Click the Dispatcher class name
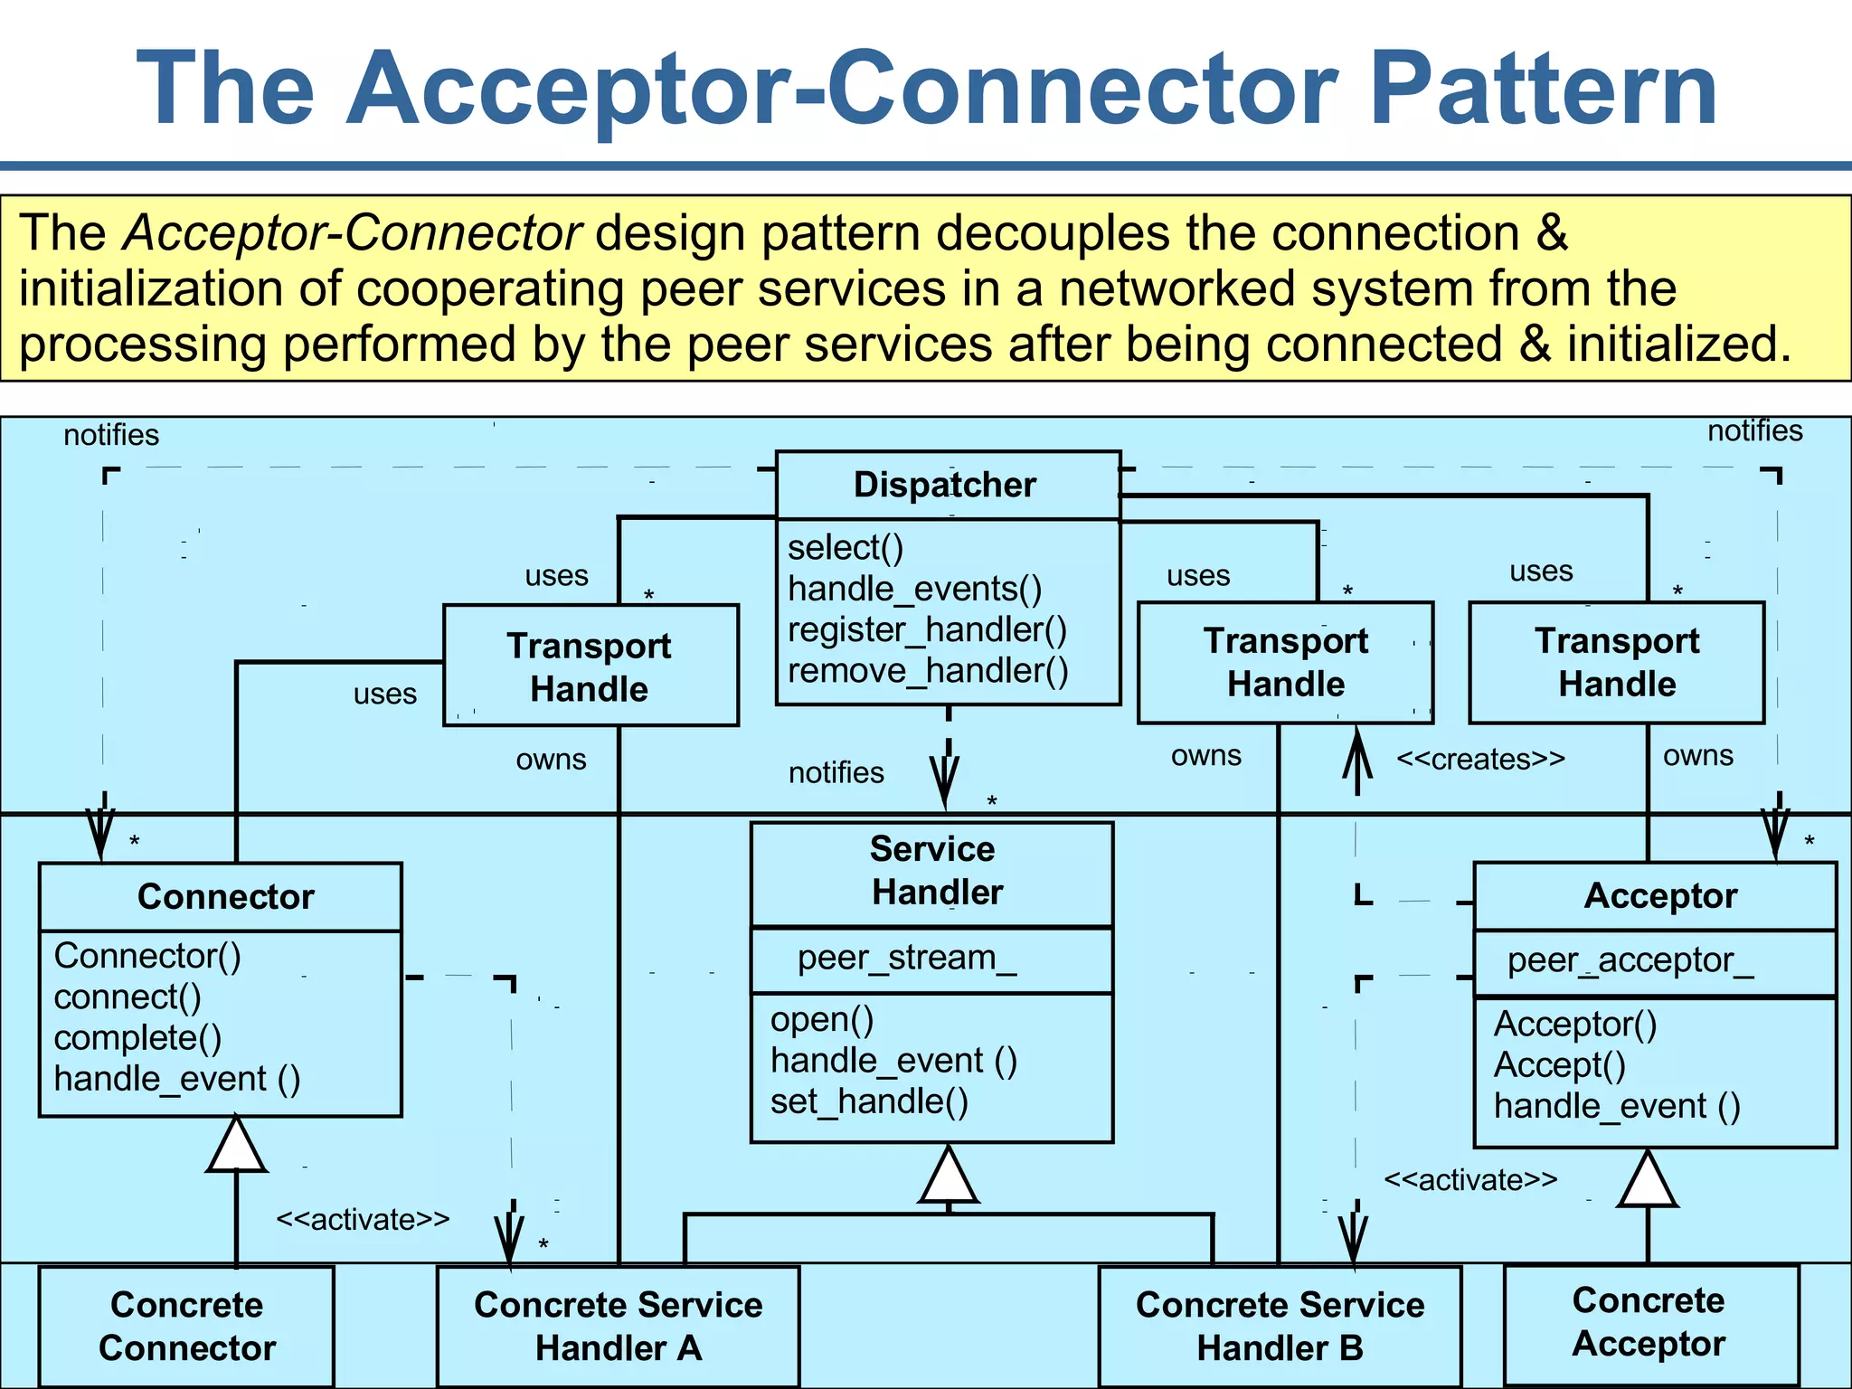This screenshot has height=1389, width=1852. click(945, 485)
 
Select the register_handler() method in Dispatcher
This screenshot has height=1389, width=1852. click(927, 629)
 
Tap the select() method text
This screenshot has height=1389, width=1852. click(846, 548)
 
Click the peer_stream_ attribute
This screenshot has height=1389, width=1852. click(907, 958)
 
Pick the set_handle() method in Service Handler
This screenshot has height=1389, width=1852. click(869, 1101)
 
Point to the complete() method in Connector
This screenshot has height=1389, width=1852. click(137, 1038)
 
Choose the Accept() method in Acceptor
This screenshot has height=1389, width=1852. click(1560, 1065)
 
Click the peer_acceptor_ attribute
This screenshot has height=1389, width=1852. click(1630, 960)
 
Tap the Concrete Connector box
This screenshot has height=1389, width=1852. click(186, 1326)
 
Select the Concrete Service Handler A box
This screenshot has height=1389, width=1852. click(618, 1326)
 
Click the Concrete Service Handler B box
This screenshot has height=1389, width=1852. click(1280, 1326)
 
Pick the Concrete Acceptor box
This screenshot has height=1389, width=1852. click(1649, 1322)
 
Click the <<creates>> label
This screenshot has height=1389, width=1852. click(1480, 759)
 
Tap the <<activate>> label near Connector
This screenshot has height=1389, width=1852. click(362, 1219)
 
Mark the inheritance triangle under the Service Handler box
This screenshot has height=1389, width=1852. click(948, 1176)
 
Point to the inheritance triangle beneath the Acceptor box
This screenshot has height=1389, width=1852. click(1648, 1181)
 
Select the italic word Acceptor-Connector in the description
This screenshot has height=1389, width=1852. click(352, 233)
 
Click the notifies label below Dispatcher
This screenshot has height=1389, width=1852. click(836, 772)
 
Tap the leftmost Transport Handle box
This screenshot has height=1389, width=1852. click(590, 666)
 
